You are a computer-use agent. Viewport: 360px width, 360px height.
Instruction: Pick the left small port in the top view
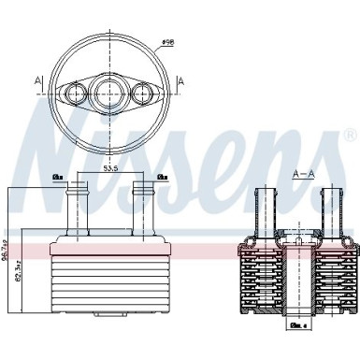[x=72, y=92]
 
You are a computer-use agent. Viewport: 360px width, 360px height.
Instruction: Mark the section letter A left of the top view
[x=37, y=81]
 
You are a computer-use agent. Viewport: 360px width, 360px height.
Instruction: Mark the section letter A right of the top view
[x=180, y=81]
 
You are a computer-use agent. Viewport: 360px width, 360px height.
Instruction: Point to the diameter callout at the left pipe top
[x=58, y=176]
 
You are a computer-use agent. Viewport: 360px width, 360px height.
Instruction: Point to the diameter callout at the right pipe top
[x=162, y=176]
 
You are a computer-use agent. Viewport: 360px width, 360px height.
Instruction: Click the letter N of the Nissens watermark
[x=56, y=140]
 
